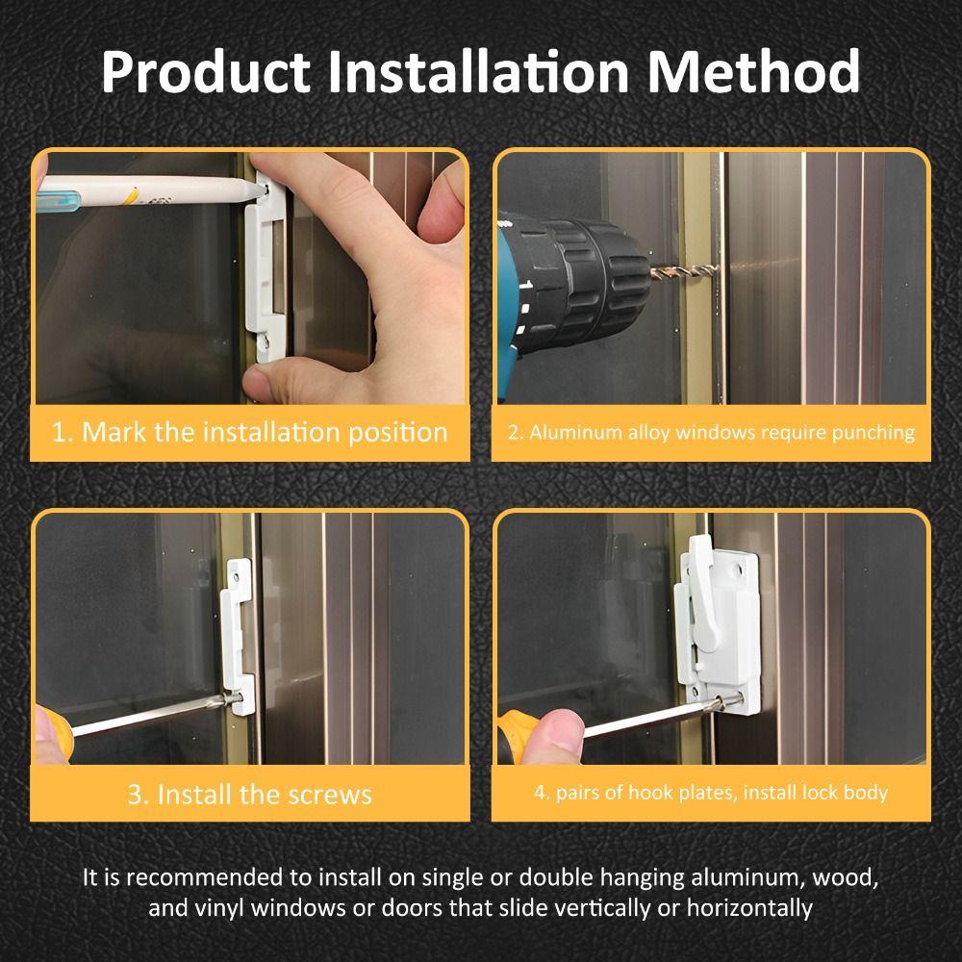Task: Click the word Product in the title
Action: (x=205, y=73)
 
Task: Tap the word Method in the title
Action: (x=753, y=73)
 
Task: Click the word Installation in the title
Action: (x=478, y=73)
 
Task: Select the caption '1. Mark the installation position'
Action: (x=250, y=432)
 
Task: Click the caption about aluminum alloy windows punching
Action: (x=711, y=432)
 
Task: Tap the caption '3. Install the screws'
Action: (x=249, y=795)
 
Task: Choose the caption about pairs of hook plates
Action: (x=711, y=794)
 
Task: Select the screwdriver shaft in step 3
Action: (x=154, y=717)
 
